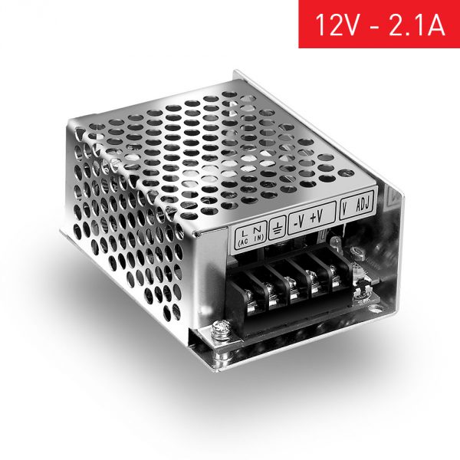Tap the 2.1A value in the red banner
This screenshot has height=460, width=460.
415,25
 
